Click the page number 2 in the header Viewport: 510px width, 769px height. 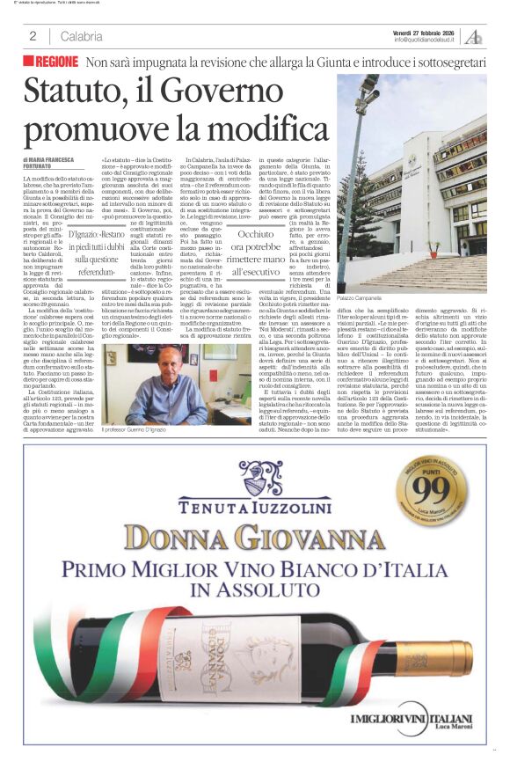point(33,36)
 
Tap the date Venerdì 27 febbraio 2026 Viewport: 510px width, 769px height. point(426,32)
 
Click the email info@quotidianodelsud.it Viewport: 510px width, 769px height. point(426,40)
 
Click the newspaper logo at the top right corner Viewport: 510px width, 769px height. point(475,36)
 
